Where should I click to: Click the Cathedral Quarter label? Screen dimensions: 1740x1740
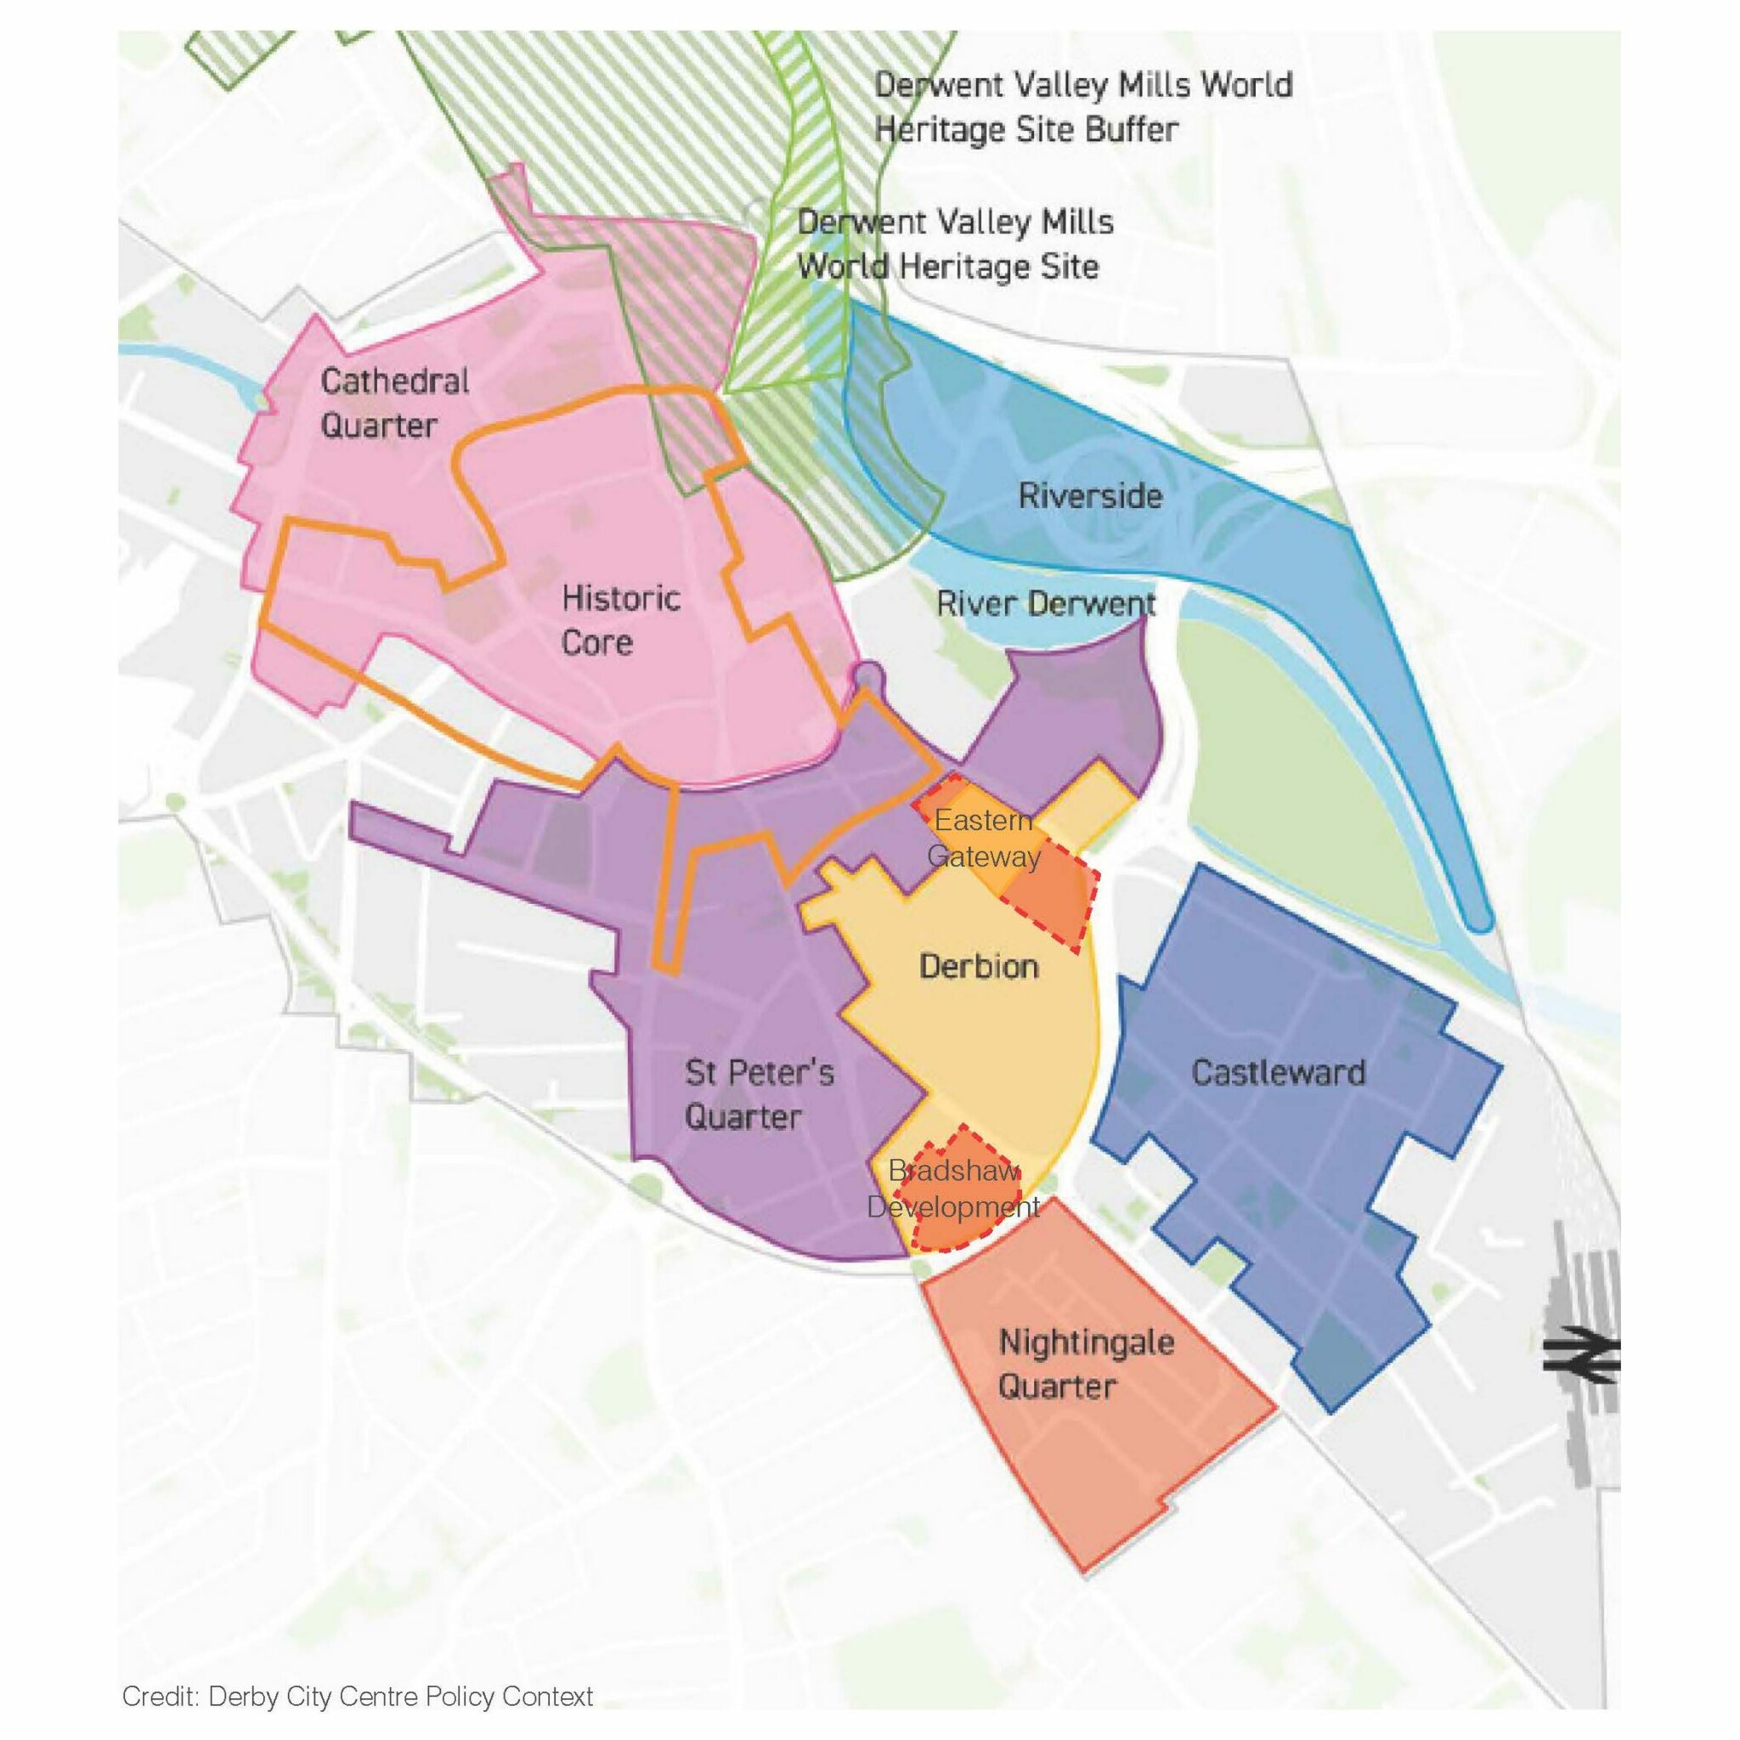point(394,403)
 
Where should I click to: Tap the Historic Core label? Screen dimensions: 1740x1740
point(619,619)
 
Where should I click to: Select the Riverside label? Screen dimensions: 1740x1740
point(1090,495)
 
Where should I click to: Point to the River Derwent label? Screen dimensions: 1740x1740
point(1046,602)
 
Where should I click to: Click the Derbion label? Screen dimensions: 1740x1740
point(978,966)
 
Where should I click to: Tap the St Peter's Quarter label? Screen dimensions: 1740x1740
point(759,1094)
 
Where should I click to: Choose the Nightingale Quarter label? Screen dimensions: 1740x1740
point(1085,1364)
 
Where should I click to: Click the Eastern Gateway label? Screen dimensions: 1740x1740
point(984,838)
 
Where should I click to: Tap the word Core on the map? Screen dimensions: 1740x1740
point(596,642)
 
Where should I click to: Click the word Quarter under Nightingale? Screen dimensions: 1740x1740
point(1056,1386)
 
